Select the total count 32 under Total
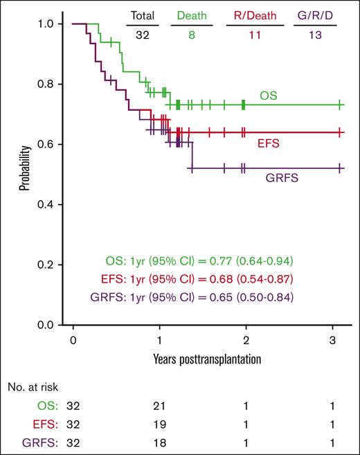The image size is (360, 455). (142, 34)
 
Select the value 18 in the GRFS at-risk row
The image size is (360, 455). (159, 440)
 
